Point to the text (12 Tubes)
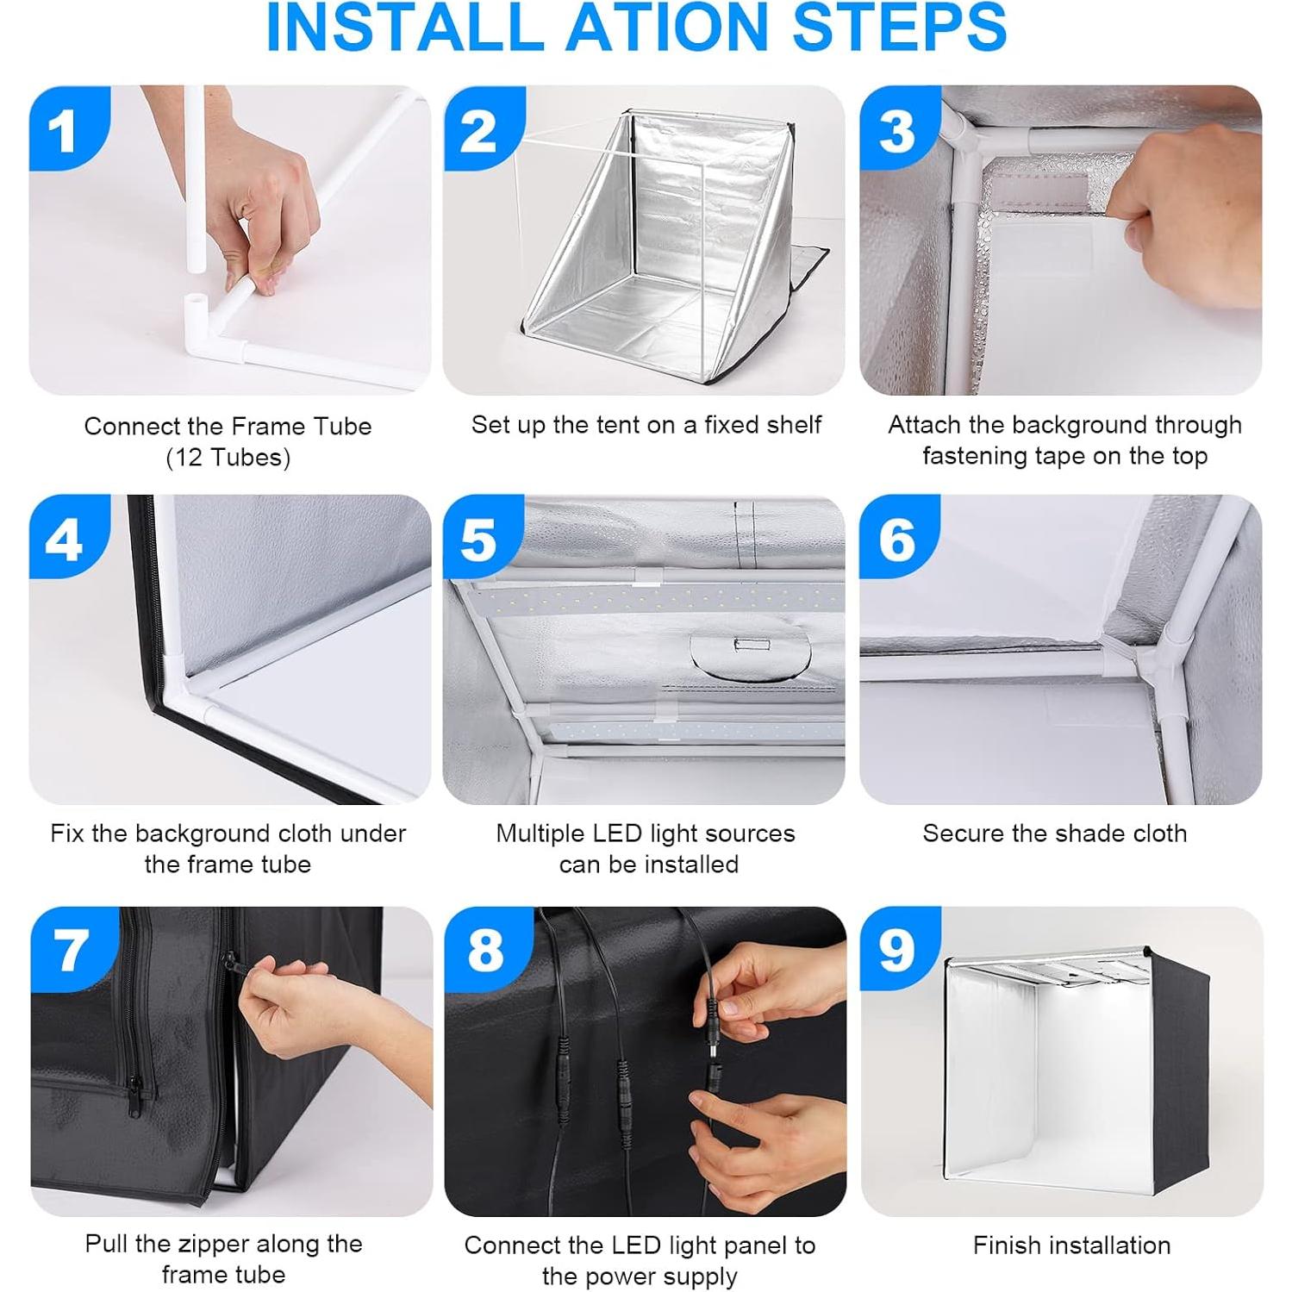click(x=228, y=458)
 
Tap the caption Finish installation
click(x=1071, y=1245)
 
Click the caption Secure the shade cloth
click(x=1054, y=833)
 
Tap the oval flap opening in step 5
click(x=750, y=655)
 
